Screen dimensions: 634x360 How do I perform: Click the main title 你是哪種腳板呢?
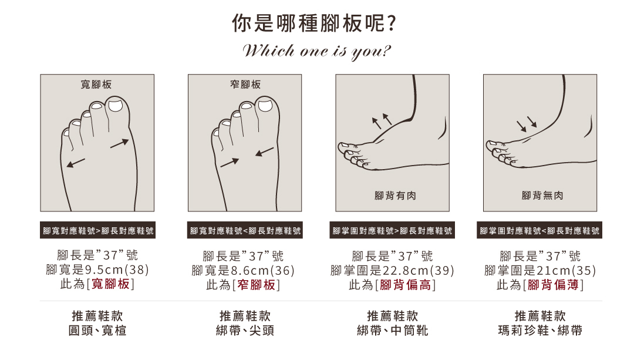(313, 23)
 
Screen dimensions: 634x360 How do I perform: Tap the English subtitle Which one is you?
(316, 51)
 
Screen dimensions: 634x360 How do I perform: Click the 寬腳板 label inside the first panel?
(96, 85)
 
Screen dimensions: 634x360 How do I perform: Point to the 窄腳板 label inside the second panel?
(245, 85)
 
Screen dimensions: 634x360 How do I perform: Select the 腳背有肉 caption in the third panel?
(395, 196)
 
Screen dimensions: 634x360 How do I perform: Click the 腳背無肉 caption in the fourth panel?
(542, 196)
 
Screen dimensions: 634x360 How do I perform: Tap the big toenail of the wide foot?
(116, 105)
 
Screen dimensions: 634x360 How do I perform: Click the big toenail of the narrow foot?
(265, 106)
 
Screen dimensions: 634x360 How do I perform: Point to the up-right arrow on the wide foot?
(120, 144)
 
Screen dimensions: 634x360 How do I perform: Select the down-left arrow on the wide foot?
(76, 163)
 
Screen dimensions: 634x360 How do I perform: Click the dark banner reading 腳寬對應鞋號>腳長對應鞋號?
(98, 230)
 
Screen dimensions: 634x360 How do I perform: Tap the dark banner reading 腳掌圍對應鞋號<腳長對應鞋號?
(539, 230)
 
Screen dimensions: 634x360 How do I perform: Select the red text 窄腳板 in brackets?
(257, 285)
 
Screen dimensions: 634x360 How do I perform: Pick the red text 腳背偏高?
(406, 285)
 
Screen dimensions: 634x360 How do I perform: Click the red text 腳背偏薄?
(553, 285)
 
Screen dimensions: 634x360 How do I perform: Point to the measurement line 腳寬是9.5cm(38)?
(97, 270)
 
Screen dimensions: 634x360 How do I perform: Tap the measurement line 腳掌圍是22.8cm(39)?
(392, 270)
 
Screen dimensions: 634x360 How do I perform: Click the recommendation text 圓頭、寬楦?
(97, 331)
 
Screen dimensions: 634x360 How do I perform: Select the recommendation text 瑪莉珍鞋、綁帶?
(540, 331)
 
